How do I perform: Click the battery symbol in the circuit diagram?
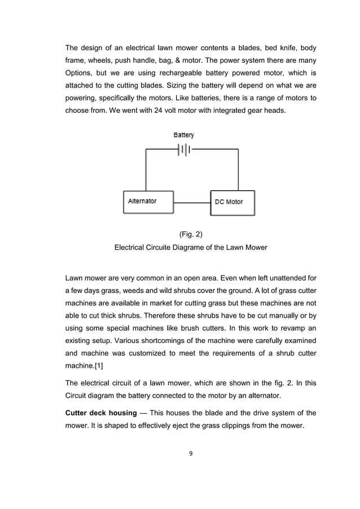click(183, 150)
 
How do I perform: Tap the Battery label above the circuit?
click(183, 135)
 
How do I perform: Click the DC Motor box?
click(232, 202)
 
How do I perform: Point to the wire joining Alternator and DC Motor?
click(192, 203)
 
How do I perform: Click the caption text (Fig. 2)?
click(190, 234)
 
